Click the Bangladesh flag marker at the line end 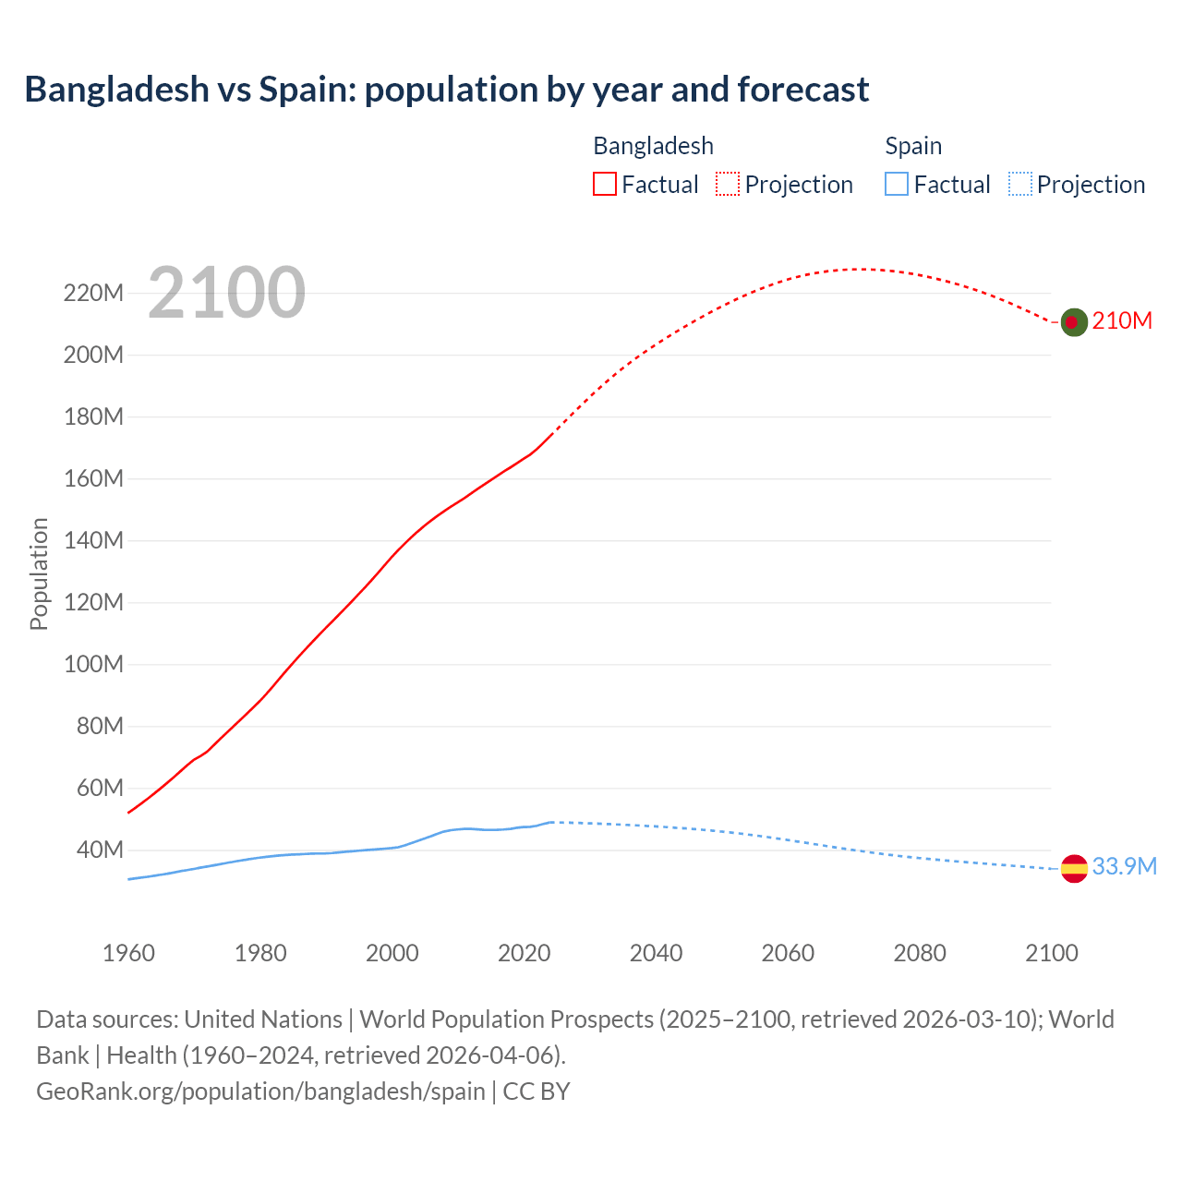1073,321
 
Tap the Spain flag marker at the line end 1073,868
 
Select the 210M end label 1122,320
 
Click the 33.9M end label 1124,866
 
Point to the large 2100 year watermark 226,293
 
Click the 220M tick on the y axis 93,294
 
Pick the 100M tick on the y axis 93,665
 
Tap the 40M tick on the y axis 100,850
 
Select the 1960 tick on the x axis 128,953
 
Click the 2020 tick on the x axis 524,953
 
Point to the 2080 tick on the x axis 920,953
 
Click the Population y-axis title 39,573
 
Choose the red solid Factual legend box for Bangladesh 605,185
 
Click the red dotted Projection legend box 728,185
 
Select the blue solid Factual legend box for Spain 897,185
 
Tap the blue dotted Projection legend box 1020,185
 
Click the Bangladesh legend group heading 653,146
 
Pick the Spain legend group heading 913,146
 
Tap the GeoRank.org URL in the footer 260,1092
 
